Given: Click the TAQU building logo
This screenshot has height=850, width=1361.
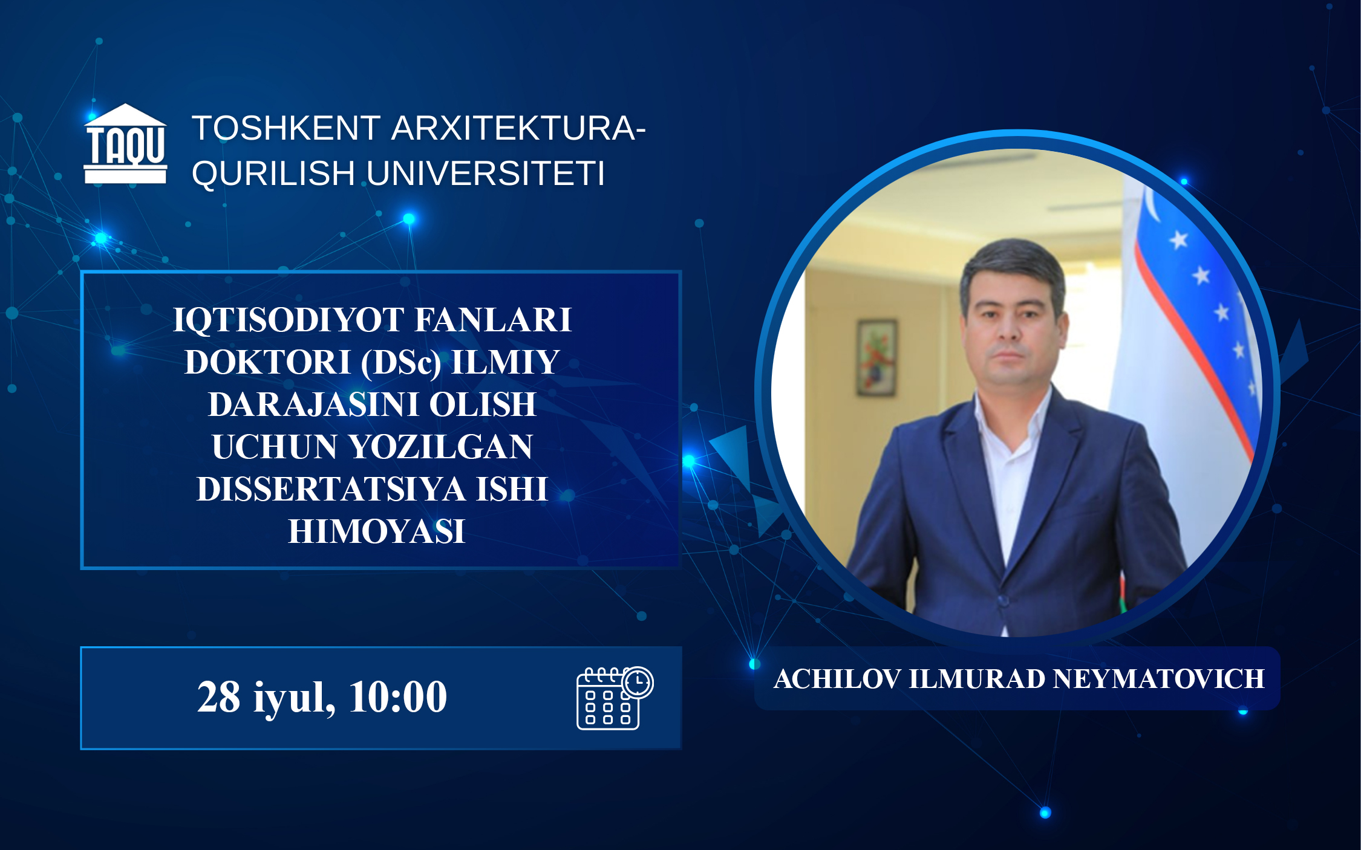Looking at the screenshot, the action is click(x=125, y=143).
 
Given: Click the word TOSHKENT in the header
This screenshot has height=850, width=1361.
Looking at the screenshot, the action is click(x=286, y=128).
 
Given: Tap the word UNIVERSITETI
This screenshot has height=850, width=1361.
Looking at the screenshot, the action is click(x=486, y=174).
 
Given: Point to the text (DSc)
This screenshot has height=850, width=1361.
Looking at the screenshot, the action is click(x=401, y=363).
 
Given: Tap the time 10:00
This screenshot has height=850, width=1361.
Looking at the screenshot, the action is click(x=397, y=696).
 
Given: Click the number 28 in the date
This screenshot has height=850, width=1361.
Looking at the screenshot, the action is click(x=218, y=696).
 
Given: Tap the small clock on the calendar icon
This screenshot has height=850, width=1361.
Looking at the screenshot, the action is click(x=638, y=683).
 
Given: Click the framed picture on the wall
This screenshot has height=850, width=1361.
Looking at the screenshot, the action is click(x=877, y=357).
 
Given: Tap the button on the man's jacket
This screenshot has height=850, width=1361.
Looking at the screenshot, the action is click(x=1003, y=600).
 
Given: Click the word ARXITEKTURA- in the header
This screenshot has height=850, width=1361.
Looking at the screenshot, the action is click(x=518, y=128).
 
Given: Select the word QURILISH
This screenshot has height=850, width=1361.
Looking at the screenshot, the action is click(x=273, y=174).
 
